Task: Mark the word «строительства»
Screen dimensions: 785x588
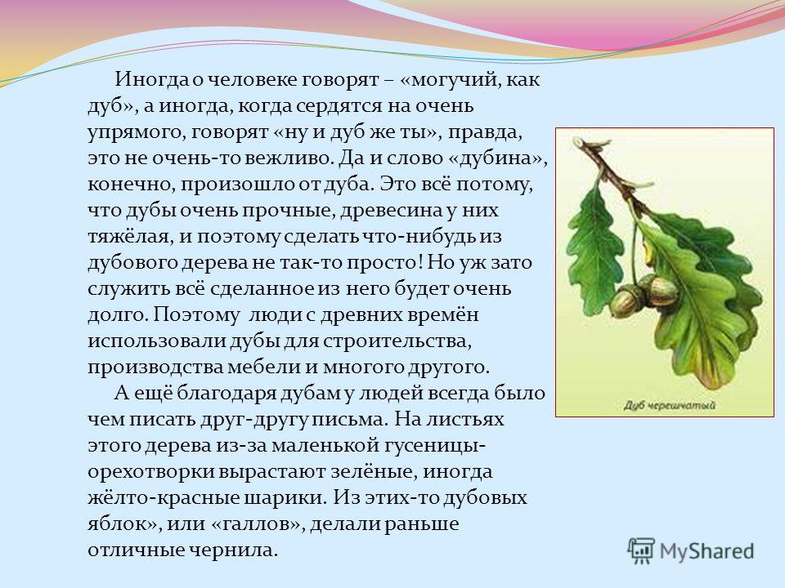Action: point(397,341)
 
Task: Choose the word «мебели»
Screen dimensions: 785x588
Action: point(263,367)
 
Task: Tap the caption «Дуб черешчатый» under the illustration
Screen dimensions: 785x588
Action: point(669,405)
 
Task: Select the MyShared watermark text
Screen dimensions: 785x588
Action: point(706,551)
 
